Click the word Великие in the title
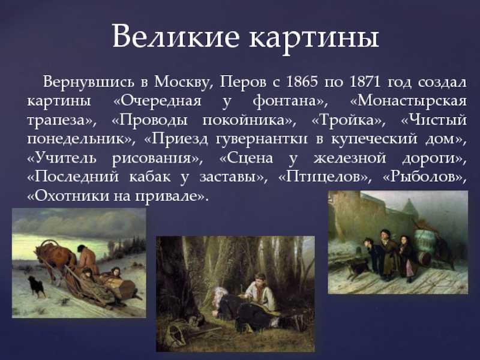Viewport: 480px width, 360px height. point(175,36)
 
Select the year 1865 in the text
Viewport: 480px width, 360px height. point(302,82)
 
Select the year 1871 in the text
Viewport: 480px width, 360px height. point(364,82)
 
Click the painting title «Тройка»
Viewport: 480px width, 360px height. point(349,120)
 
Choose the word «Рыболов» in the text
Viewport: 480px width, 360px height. point(425,176)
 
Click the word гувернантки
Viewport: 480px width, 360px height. point(262,139)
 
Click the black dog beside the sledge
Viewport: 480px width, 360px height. point(37,286)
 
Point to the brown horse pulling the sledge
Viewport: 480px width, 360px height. point(55,258)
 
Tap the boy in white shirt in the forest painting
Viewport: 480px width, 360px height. point(259,291)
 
